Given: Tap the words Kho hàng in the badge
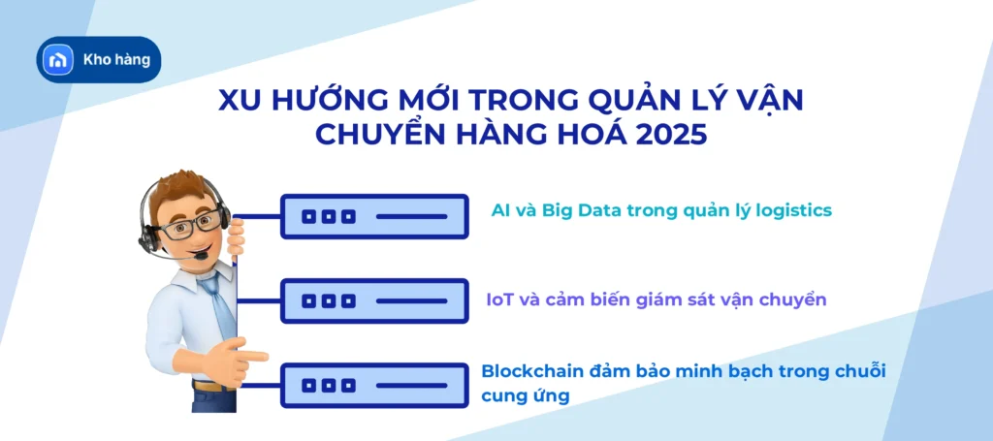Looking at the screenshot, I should (117, 60).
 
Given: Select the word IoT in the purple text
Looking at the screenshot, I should (501, 299).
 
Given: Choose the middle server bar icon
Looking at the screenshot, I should (374, 301).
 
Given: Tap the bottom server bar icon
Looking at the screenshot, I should (374, 385).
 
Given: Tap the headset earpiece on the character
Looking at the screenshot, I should (148, 234).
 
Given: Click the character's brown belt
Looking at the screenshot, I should (208, 386).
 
